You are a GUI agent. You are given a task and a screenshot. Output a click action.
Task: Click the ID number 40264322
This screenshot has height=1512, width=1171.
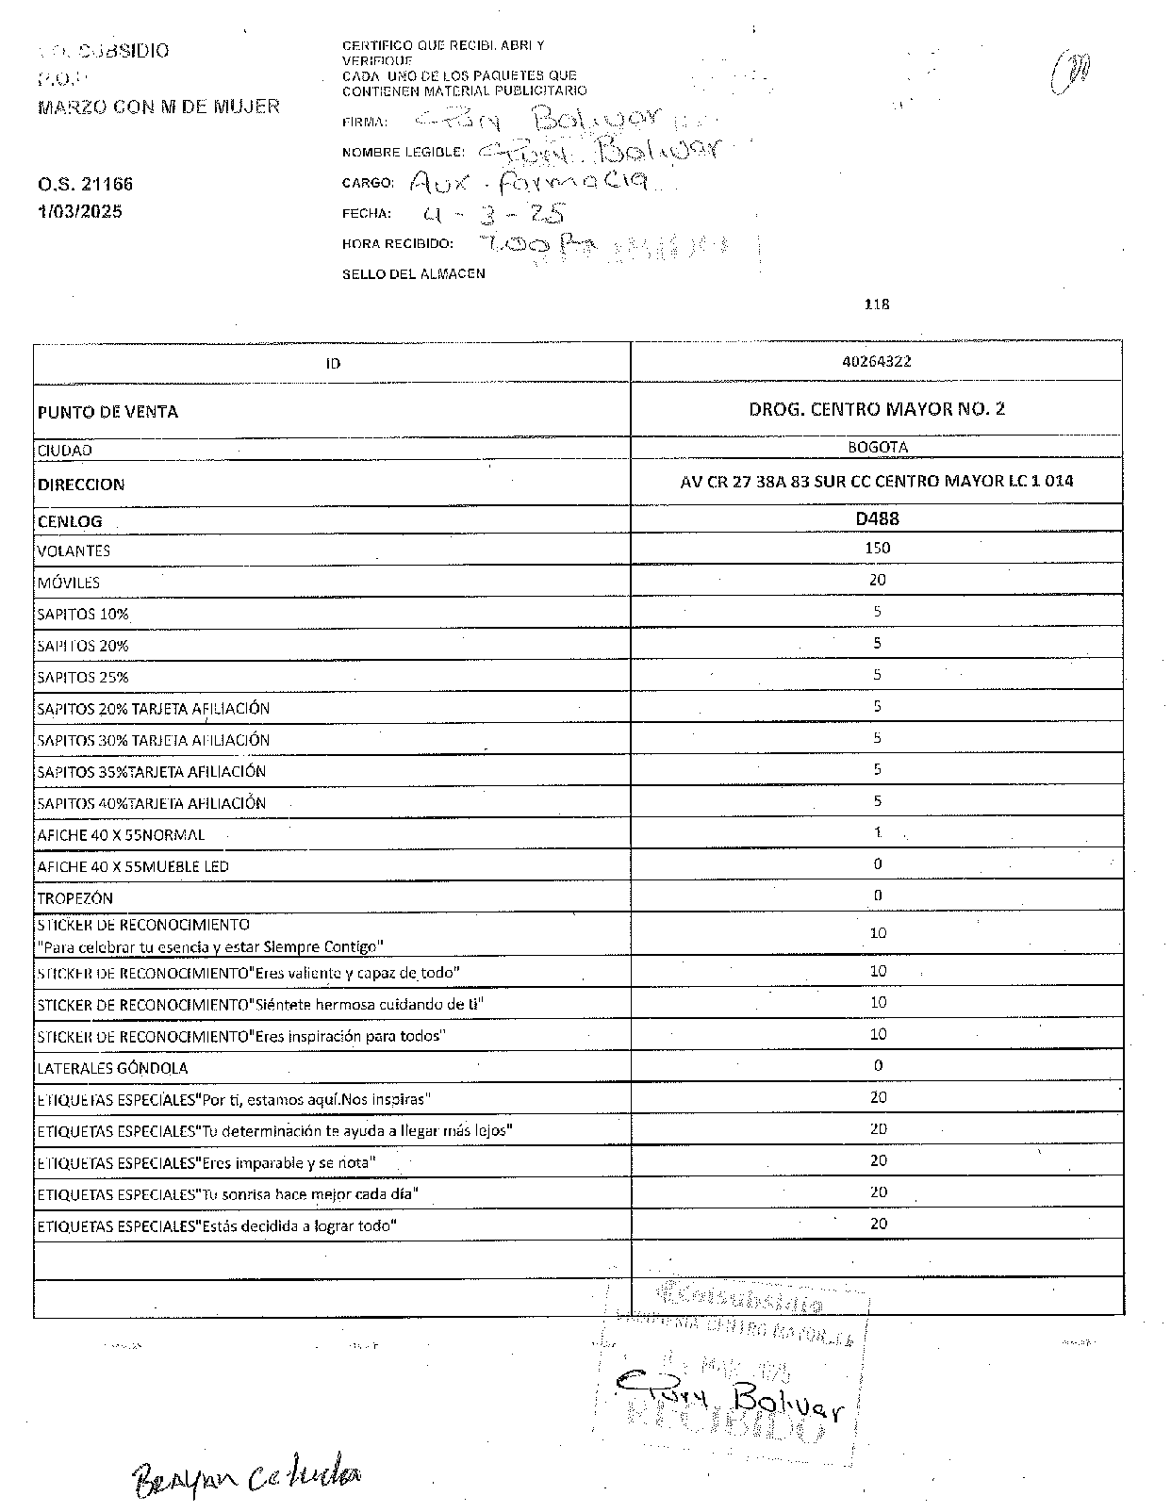pyautogui.click(x=877, y=361)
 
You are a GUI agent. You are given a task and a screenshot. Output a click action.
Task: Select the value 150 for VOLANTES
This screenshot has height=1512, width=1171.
pyautogui.click(x=877, y=548)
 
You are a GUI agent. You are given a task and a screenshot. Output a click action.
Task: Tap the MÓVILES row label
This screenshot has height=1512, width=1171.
pyautogui.click(x=69, y=583)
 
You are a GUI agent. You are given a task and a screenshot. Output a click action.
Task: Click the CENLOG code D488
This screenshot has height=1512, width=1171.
pyautogui.click(x=877, y=518)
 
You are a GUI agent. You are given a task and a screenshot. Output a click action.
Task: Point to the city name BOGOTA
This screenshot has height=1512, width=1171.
pyautogui.click(x=877, y=448)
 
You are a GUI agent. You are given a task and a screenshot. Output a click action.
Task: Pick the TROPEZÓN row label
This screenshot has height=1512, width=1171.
pyautogui.click(x=75, y=898)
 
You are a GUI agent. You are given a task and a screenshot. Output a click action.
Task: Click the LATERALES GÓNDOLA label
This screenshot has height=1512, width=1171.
pyautogui.click(x=112, y=1068)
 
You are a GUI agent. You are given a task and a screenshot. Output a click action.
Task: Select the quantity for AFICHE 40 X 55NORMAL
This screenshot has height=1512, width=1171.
pyautogui.click(x=877, y=832)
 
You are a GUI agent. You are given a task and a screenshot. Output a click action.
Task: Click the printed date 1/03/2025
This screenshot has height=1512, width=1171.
pyautogui.click(x=80, y=212)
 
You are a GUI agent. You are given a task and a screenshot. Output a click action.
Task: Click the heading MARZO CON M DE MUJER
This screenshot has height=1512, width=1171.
pyautogui.click(x=158, y=107)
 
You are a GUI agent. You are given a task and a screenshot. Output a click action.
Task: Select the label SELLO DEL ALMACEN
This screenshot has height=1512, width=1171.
pyautogui.click(x=414, y=274)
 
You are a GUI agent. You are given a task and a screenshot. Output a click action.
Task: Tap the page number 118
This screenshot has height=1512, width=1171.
pyautogui.click(x=877, y=304)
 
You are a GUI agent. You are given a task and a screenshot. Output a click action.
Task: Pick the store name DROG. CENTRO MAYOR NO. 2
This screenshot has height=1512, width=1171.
pyautogui.click(x=877, y=409)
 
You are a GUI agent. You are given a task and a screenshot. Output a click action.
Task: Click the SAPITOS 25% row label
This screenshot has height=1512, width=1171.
pyautogui.click(x=83, y=677)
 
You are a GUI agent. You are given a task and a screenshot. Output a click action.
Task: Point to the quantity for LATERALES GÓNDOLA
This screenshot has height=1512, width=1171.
pyautogui.click(x=878, y=1065)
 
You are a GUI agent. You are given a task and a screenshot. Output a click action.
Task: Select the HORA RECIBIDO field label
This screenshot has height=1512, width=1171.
pyautogui.click(x=398, y=243)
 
